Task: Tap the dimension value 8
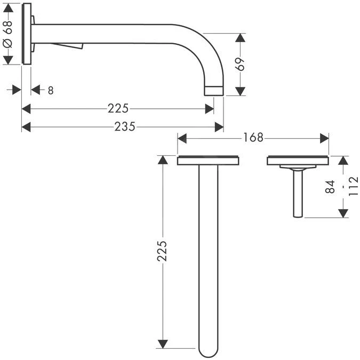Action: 50,90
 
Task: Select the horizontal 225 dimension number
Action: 118,109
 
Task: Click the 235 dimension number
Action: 125,126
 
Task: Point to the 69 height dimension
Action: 241,64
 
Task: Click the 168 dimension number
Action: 253,138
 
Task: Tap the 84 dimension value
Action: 330,187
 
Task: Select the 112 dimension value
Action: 353,187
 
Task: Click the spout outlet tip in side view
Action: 214,90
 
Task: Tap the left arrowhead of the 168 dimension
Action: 181,138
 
